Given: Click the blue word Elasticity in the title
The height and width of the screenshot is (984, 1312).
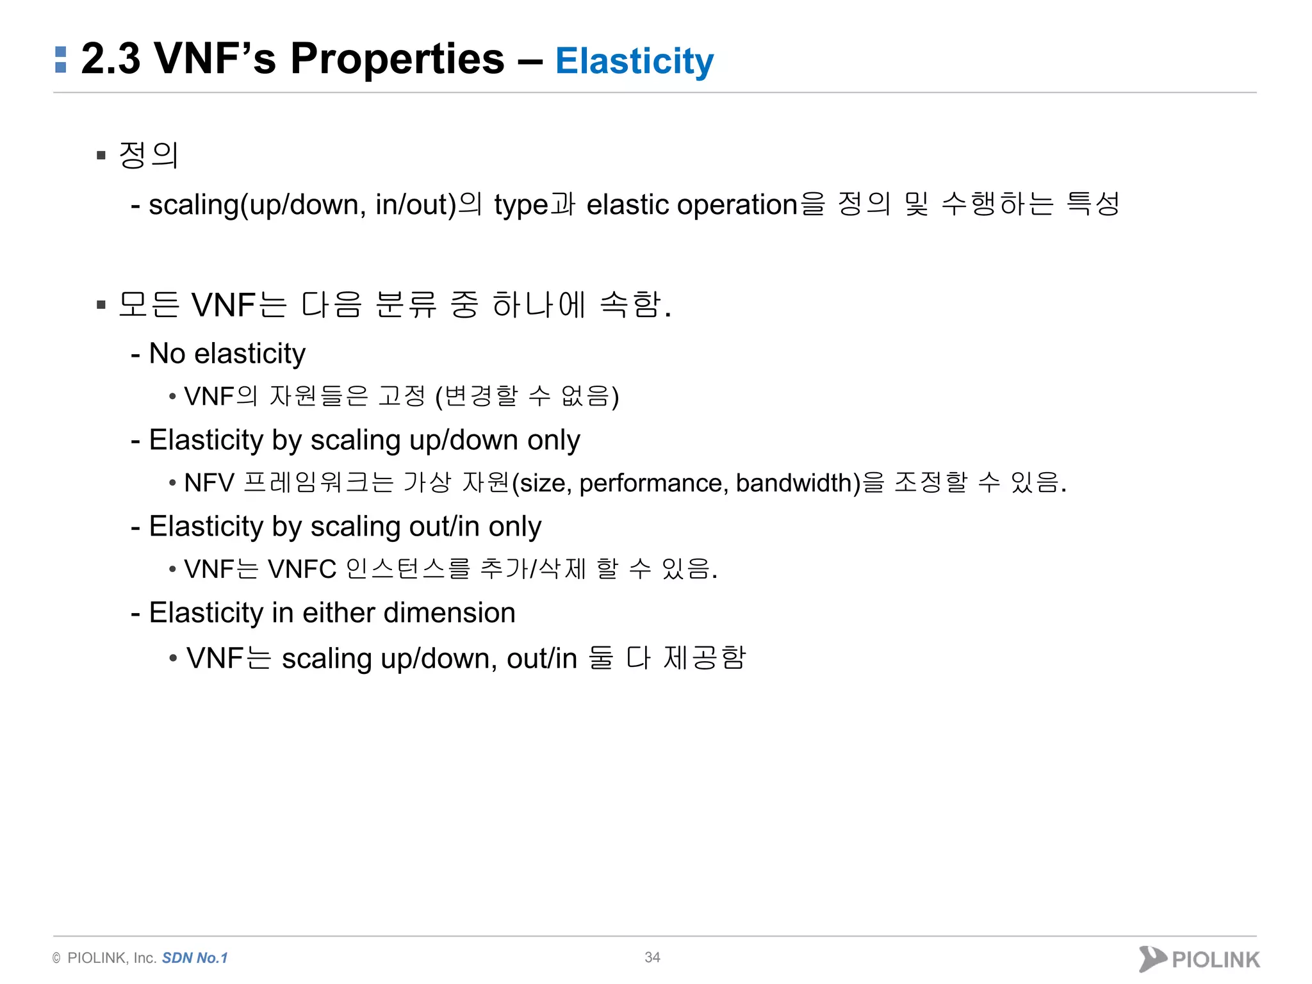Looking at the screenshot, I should [634, 62].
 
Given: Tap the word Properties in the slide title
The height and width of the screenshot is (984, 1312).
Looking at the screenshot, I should [397, 60].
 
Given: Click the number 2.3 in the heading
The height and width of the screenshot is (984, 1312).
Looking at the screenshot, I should [110, 60].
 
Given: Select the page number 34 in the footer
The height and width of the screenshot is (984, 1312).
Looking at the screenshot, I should [652, 957].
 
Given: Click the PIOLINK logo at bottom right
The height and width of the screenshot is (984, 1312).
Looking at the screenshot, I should [1199, 959].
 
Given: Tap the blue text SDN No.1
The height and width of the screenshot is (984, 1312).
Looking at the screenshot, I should [195, 958].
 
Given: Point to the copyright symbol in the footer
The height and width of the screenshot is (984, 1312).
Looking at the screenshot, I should [56, 958].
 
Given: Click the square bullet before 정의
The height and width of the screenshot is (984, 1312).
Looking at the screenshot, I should [101, 155].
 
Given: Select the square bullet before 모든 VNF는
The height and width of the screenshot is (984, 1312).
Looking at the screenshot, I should [101, 305].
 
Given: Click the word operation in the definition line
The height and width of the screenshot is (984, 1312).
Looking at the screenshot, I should [737, 205].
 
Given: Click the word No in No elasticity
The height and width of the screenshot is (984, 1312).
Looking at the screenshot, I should [167, 354].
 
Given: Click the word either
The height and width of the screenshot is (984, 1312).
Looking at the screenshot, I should [339, 613].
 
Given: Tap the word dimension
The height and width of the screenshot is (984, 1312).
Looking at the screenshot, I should [450, 613].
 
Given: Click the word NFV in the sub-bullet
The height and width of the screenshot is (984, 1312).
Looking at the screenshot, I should [209, 483].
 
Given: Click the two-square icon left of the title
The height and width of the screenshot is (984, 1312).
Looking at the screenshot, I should [61, 60].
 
